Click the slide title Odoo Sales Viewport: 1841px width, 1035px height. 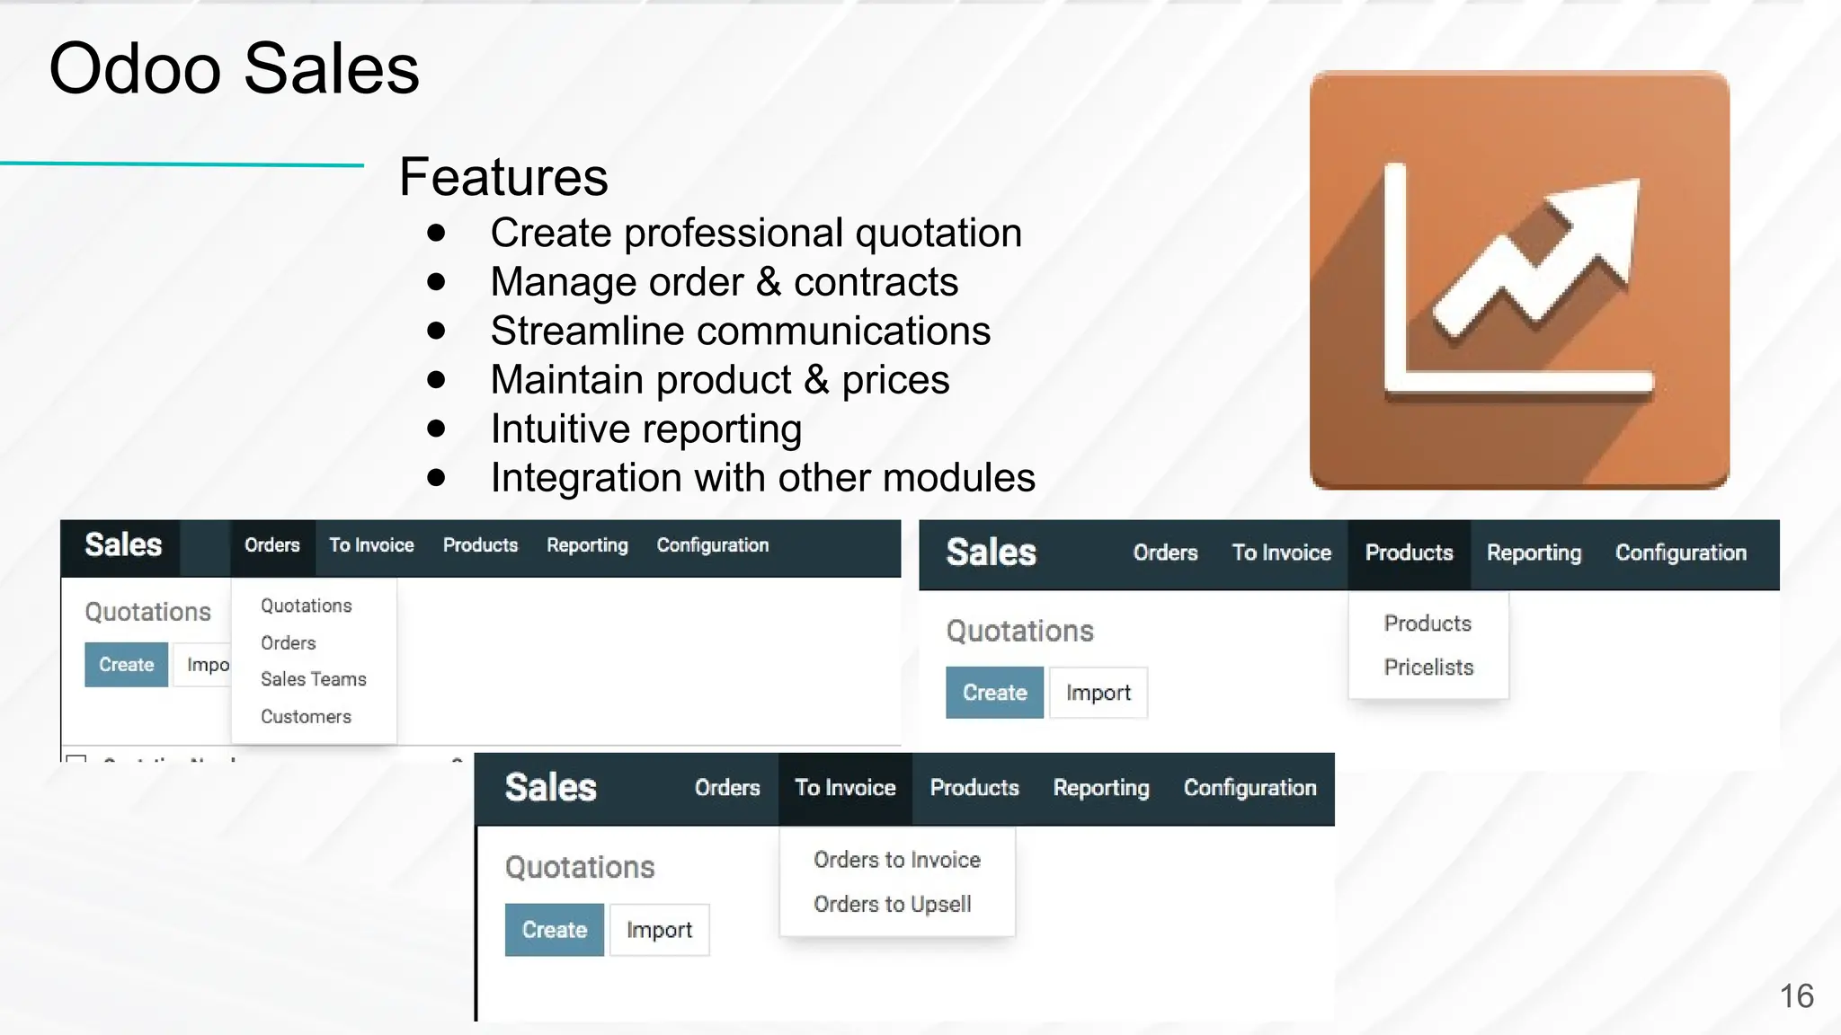[x=234, y=69]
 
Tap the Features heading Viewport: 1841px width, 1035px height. [x=503, y=177]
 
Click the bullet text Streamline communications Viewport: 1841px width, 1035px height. [x=740, y=331]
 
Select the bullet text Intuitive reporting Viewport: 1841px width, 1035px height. [x=645, y=429]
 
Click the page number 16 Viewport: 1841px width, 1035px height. [x=1796, y=995]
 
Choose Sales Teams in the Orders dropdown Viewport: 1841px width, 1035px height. [x=313, y=679]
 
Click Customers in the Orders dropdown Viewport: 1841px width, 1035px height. [x=306, y=717]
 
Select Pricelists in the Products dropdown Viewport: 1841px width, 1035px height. [x=1427, y=668]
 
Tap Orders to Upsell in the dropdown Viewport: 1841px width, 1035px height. [x=892, y=904]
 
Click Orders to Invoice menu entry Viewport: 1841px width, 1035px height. [x=896, y=860]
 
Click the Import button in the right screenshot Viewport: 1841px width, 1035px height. [x=1098, y=693]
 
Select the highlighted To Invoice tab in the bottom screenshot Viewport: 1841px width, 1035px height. [x=845, y=788]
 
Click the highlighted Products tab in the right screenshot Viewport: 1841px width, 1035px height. [x=1409, y=553]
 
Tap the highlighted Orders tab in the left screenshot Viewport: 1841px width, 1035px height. [x=272, y=545]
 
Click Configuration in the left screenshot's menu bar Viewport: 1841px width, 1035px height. [x=712, y=545]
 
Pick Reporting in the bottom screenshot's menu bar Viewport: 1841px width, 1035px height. [x=1100, y=788]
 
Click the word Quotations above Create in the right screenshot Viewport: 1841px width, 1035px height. [x=1019, y=631]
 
